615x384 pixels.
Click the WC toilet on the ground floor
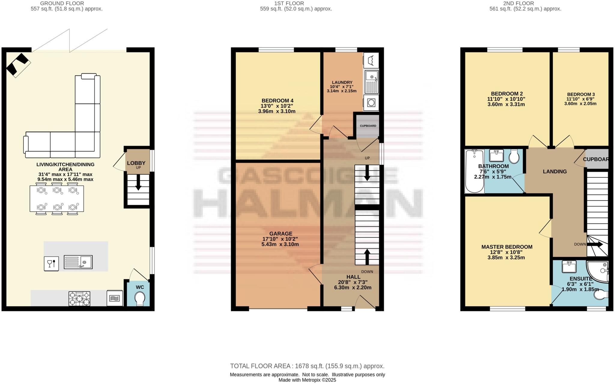coord(140,299)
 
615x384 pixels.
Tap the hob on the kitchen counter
coord(79,298)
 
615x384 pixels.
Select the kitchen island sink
coord(78,262)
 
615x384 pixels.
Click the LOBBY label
coord(136,163)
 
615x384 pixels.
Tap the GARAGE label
coord(280,233)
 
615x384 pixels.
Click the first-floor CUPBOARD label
coord(368,126)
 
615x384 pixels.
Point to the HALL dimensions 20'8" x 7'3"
coord(353,282)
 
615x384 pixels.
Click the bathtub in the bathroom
coord(474,171)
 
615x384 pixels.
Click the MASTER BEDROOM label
coord(507,247)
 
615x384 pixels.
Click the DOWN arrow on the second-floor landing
coord(595,244)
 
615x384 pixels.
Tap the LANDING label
coord(555,172)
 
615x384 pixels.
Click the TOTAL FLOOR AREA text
coord(307,366)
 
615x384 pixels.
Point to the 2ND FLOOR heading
coord(525,4)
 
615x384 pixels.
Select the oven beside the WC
coord(115,298)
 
